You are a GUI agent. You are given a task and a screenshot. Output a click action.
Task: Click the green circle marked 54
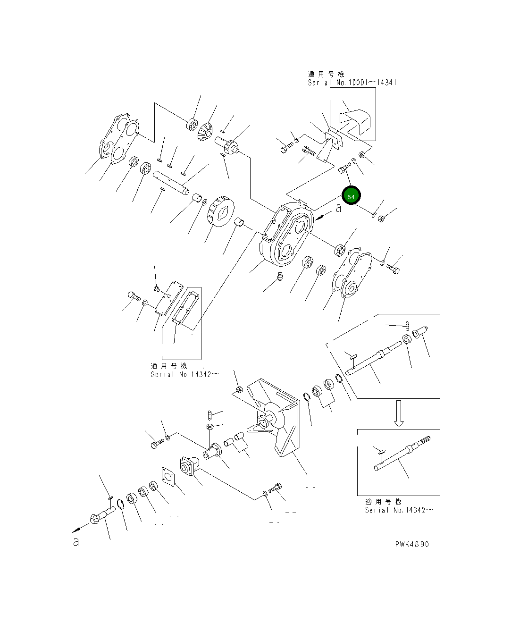tap(351, 196)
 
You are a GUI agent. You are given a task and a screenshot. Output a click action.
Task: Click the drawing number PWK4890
tap(412, 544)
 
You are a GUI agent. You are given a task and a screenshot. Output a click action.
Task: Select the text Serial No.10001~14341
tap(352, 83)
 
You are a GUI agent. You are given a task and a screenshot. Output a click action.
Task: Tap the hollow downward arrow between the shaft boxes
tap(399, 413)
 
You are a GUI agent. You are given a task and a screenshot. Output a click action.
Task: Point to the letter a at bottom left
tap(76, 542)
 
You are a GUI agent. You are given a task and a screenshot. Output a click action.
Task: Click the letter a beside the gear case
tap(338, 208)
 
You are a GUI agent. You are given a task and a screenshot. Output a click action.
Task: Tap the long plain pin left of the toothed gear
tap(170, 182)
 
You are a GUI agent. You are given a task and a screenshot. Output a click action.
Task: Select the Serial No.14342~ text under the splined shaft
tap(399, 510)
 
